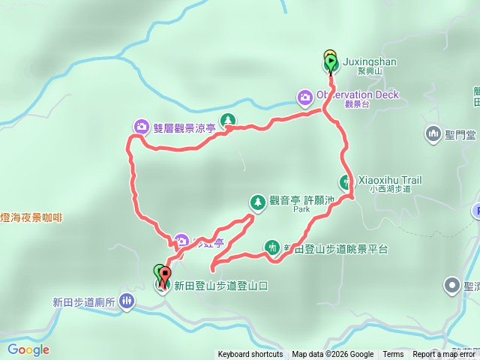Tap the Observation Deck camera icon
click(305, 96)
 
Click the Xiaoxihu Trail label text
click(391, 180)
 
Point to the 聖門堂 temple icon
click(433, 134)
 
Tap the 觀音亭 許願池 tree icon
click(257, 201)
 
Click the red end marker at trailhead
click(165, 276)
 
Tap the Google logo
click(28, 349)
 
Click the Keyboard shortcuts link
click(250, 355)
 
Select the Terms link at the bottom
click(393, 355)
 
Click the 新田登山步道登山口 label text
click(220, 286)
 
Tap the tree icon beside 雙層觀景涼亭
click(227, 120)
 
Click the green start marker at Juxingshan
click(331, 60)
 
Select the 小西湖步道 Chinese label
click(391, 190)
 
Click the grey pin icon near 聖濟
click(451, 285)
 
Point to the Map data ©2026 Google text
click(332, 355)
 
